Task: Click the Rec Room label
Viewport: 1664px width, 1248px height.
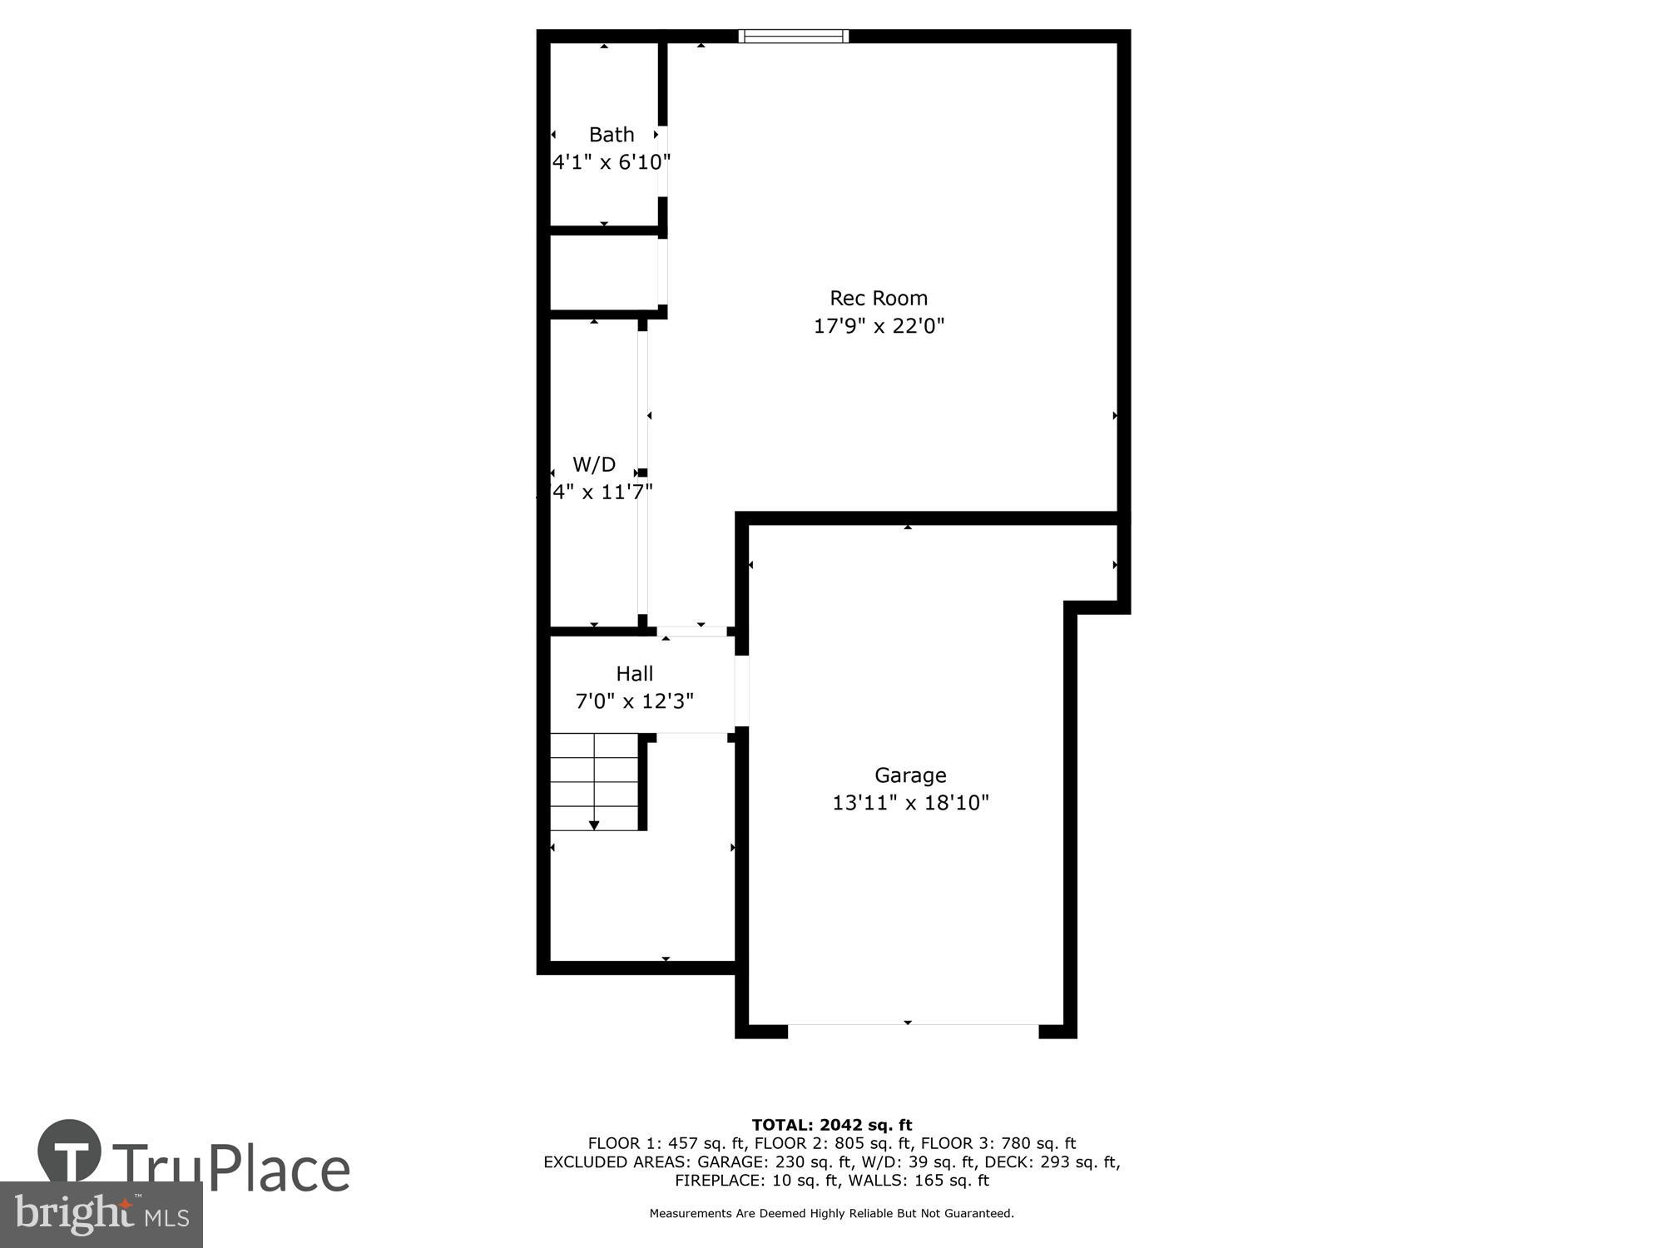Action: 879,298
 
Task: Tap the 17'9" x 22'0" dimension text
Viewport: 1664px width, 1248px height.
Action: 879,325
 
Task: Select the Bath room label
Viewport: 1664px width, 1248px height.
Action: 612,135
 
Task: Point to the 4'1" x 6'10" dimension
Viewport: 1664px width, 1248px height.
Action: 612,162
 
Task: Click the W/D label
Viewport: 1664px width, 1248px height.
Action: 594,464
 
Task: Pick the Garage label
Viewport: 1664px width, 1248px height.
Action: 910,775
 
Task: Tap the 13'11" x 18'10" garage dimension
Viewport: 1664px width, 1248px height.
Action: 910,803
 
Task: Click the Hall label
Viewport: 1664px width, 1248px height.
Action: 635,674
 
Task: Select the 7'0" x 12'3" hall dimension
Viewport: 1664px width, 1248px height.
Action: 635,701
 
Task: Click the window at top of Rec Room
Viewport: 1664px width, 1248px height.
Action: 793,36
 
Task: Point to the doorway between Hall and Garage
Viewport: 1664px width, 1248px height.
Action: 741,691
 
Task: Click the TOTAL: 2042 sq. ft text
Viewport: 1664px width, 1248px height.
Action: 832,1126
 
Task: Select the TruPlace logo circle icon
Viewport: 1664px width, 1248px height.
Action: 70,1151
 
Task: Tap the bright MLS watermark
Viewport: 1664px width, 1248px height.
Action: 102,1215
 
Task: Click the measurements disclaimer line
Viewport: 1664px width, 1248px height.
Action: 832,1214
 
